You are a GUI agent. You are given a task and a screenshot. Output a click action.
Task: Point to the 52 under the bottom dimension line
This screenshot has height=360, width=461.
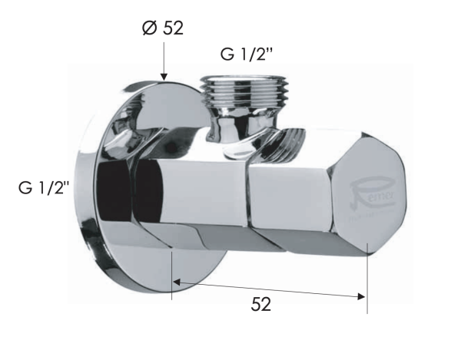pyautogui.click(x=261, y=304)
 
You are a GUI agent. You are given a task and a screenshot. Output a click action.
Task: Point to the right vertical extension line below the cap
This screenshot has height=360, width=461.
pyautogui.click(x=367, y=284)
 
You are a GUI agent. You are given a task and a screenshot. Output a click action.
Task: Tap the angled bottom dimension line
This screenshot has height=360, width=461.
pyautogui.click(x=269, y=289)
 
